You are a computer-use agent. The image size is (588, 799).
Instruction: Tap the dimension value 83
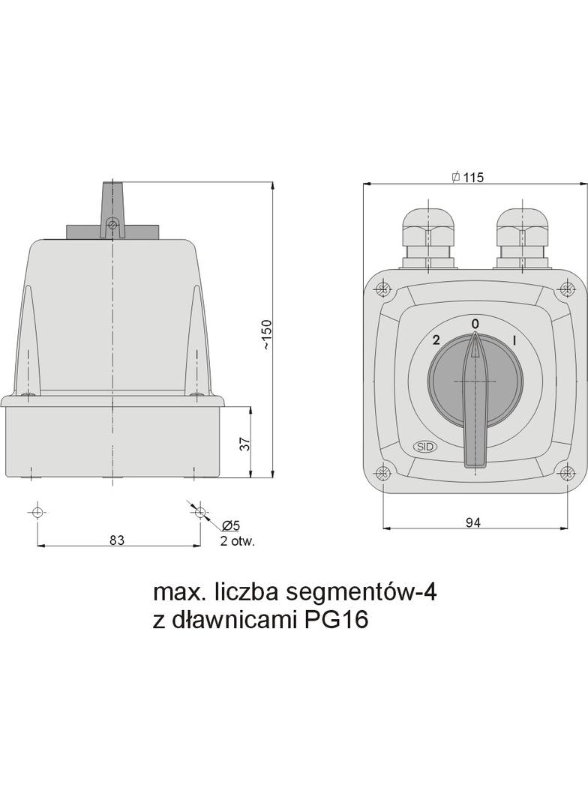(x=116, y=540)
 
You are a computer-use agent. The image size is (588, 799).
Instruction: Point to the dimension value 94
(x=472, y=522)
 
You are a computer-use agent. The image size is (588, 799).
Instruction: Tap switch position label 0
(x=475, y=323)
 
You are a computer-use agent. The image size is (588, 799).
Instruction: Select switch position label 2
(x=436, y=340)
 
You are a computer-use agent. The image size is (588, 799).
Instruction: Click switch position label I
(x=514, y=340)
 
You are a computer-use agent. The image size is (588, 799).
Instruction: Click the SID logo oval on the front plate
(x=425, y=447)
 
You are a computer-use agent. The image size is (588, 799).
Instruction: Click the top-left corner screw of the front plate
(x=383, y=289)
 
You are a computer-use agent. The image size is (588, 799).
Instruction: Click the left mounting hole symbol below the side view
(x=37, y=512)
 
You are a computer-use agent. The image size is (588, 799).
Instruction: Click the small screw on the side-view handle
(x=112, y=223)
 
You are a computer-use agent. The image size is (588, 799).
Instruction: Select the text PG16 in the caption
(x=336, y=621)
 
